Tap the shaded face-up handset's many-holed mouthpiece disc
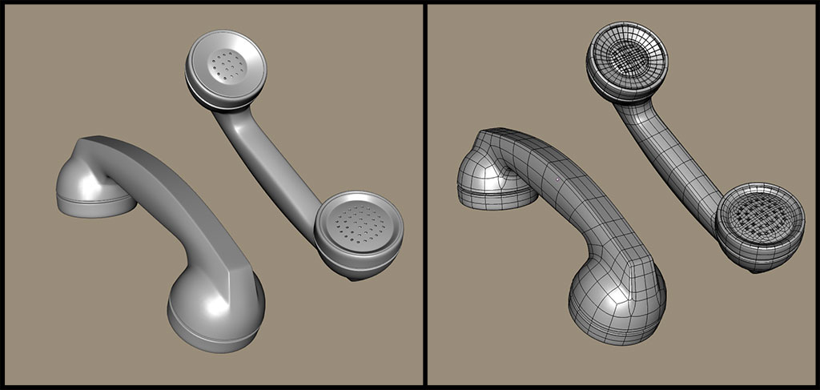359,224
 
